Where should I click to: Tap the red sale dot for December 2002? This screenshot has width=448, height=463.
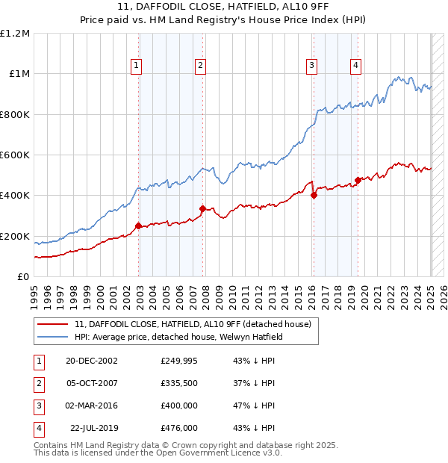click(139, 226)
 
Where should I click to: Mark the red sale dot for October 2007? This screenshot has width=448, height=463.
click(203, 208)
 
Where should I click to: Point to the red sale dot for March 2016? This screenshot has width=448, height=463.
click(314, 196)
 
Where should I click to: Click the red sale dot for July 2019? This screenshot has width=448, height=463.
click(358, 180)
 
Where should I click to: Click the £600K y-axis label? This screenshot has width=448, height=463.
click(15, 155)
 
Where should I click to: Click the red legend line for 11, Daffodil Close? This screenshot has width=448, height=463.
click(54, 324)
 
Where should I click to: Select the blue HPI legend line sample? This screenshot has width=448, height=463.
click(54, 337)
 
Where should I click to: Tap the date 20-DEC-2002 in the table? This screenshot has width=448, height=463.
click(91, 361)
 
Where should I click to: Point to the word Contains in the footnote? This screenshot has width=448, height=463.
click(52, 445)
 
